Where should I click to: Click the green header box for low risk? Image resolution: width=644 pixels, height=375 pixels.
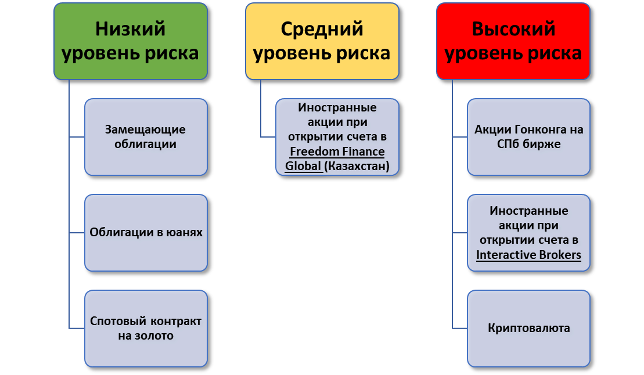pos(131,41)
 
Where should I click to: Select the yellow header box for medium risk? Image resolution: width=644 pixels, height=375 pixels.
pos(322,41)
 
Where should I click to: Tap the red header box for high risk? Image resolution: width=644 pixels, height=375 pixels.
pos(513,41)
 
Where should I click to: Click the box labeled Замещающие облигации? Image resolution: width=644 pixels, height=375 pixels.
pos(146,137)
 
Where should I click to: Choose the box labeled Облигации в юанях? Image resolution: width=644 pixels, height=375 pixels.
pos(146,232)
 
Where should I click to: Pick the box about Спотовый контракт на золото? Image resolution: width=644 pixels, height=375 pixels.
pos(146,329)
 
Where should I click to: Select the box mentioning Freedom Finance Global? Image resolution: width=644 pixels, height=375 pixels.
pos(337,137)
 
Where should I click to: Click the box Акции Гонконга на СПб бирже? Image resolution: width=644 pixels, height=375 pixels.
pos(528,137)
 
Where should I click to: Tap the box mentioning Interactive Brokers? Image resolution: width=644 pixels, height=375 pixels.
pos(528,232)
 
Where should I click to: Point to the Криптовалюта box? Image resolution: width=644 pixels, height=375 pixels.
pos(528,329)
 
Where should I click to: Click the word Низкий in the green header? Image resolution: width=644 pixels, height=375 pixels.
pos(131,29)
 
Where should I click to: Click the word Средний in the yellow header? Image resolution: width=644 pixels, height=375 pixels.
pos(322,29)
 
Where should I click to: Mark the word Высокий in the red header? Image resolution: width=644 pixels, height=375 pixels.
pos(513,29)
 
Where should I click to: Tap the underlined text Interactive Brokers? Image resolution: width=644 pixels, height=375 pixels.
pos(528,255)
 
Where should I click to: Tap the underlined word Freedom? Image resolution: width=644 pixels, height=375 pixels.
pos(314,152)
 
